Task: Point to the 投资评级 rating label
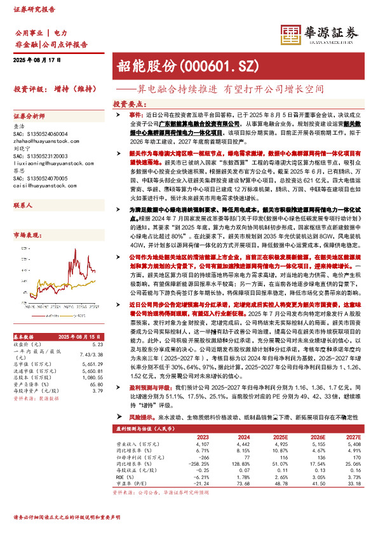point(30,89)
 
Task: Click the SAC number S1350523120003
point(40,156)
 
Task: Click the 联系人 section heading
point(24,207)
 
